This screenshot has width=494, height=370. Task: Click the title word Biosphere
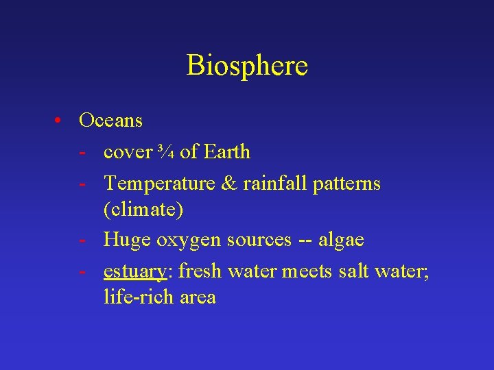[247, 66]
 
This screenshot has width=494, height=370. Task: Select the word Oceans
[110, 121]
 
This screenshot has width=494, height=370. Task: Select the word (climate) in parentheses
[143, 210]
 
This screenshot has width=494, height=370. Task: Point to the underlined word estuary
[135, 272]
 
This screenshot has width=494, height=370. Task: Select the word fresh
[200, 271]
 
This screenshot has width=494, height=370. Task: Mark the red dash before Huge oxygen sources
[82, 241]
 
